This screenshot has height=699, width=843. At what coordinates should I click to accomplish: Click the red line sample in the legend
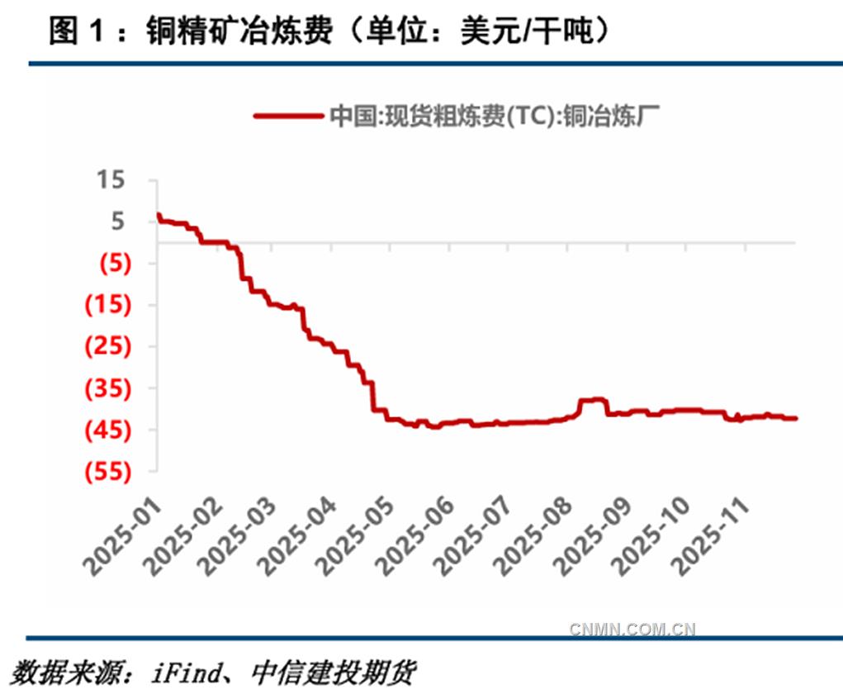(288, 116)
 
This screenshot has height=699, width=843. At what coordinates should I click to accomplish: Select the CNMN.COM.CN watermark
(632, 630)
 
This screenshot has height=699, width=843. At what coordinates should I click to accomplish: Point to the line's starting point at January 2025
(158, 216)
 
